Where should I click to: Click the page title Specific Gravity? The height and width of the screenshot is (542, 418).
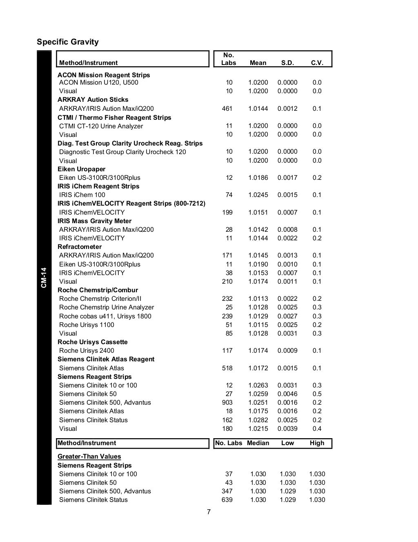(68, 42)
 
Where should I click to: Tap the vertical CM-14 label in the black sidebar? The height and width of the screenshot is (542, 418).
(44, 278)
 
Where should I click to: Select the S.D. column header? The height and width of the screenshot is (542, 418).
(287, 63)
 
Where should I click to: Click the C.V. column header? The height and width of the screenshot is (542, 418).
(317, 63)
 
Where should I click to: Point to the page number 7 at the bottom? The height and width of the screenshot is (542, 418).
(209, 512)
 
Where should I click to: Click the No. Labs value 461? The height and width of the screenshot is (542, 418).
(227, 109)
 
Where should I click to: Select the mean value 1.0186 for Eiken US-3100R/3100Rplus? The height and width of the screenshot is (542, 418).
(258, 178)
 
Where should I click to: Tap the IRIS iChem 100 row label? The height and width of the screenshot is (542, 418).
(82, 195)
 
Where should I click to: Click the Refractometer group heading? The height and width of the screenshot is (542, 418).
(80, 247)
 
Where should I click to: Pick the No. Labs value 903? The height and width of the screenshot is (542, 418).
(227, 403)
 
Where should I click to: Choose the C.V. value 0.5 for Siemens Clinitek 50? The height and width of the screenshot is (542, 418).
(317, 394)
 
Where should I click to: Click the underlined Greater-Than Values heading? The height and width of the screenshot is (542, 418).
(89, 457)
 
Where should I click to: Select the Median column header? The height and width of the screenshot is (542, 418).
(258, 443)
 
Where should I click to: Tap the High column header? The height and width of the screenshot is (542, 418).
(317, 443)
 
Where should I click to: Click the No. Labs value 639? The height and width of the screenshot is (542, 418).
(227, 500)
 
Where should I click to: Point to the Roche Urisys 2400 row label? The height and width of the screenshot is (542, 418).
(87, 351)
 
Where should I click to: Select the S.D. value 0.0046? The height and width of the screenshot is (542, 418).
(287, 394)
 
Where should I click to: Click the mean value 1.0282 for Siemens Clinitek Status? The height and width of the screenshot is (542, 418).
(258, 420)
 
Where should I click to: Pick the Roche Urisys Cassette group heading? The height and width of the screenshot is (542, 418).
(93, 342)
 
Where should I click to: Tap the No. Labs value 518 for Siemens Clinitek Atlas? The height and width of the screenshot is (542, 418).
(227, 368)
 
